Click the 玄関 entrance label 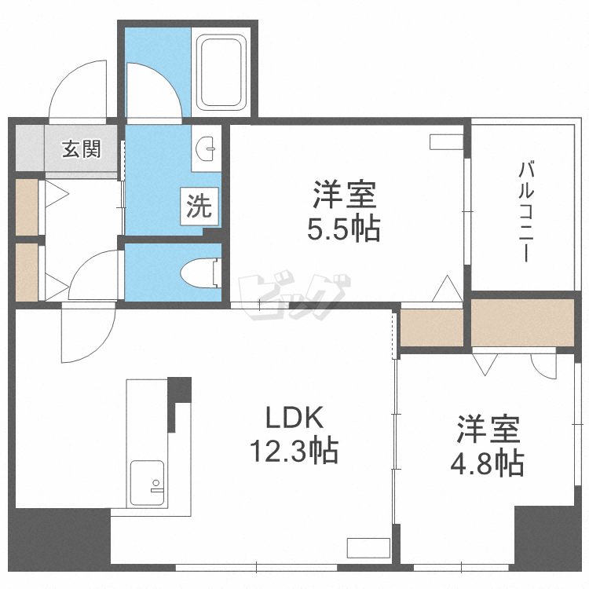(82, 149)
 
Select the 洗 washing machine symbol (199, 207)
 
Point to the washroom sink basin (208, 147)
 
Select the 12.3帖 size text (294, 451)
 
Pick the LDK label (293, 415)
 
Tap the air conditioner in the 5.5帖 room (447, 142)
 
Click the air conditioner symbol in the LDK (368, 547)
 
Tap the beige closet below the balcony (522, 320)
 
